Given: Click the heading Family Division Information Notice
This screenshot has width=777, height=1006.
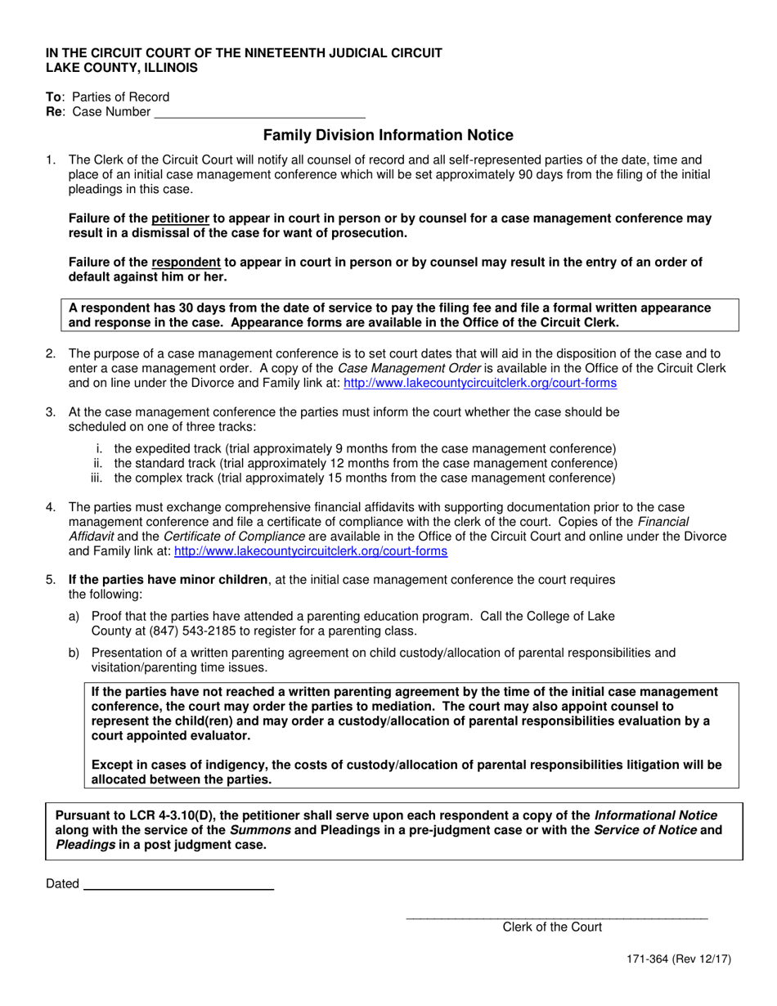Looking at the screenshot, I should pos(388,136).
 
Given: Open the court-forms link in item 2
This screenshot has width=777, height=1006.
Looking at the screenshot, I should pos(480,383).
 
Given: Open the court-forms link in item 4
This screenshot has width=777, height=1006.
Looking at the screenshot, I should pos(311,551).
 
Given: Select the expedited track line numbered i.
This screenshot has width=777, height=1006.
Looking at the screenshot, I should pos(364,448).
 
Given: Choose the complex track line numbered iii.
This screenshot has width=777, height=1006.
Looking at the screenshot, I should pos(364,478).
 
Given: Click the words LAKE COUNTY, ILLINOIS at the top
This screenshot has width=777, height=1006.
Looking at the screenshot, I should pos(121,68).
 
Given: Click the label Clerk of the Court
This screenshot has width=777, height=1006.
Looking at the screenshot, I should pos(552,927).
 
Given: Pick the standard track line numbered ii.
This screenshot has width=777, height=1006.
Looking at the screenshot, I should pos(364,463).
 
